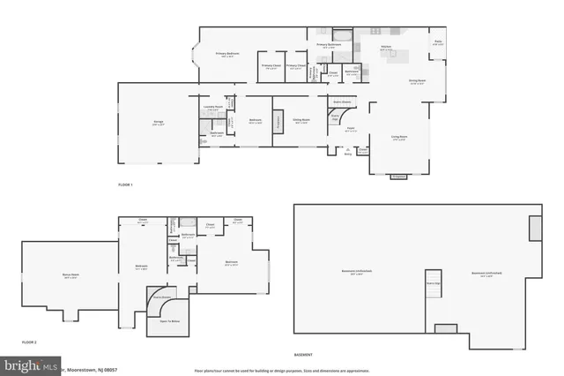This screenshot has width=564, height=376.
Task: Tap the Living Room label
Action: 399,138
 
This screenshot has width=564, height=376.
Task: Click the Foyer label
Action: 349,131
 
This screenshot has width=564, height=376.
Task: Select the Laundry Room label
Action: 212,108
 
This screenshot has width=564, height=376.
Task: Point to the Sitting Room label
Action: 301,121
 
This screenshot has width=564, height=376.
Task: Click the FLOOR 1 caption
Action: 125,184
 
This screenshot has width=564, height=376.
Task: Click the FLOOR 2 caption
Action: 28,342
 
